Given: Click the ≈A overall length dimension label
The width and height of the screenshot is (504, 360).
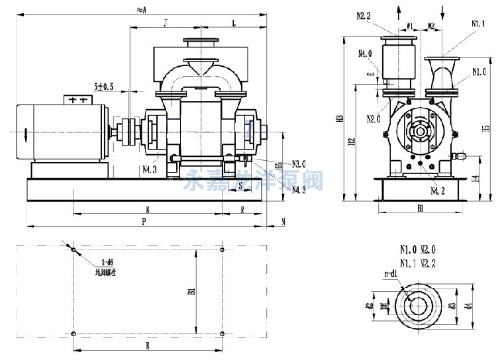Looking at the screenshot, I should tap(140, 9).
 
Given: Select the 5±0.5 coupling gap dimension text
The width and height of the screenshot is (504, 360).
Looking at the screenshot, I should tap(104, 87).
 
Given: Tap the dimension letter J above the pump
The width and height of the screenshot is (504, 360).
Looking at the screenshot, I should tap(164, 23).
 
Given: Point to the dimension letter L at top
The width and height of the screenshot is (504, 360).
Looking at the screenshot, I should tap(233, 23).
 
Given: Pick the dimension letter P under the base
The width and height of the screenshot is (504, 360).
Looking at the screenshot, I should tap(144, 223).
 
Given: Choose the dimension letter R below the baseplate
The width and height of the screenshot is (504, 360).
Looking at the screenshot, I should tap(242, 210).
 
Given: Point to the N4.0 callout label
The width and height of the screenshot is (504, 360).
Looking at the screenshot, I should tap(365, 54).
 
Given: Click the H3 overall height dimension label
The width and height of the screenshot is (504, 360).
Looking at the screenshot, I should tap(340, 118).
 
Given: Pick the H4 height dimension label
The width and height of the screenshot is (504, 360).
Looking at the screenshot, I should tap(475, 179).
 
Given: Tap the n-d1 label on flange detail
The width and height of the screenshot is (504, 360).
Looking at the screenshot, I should tap(390, 273).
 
